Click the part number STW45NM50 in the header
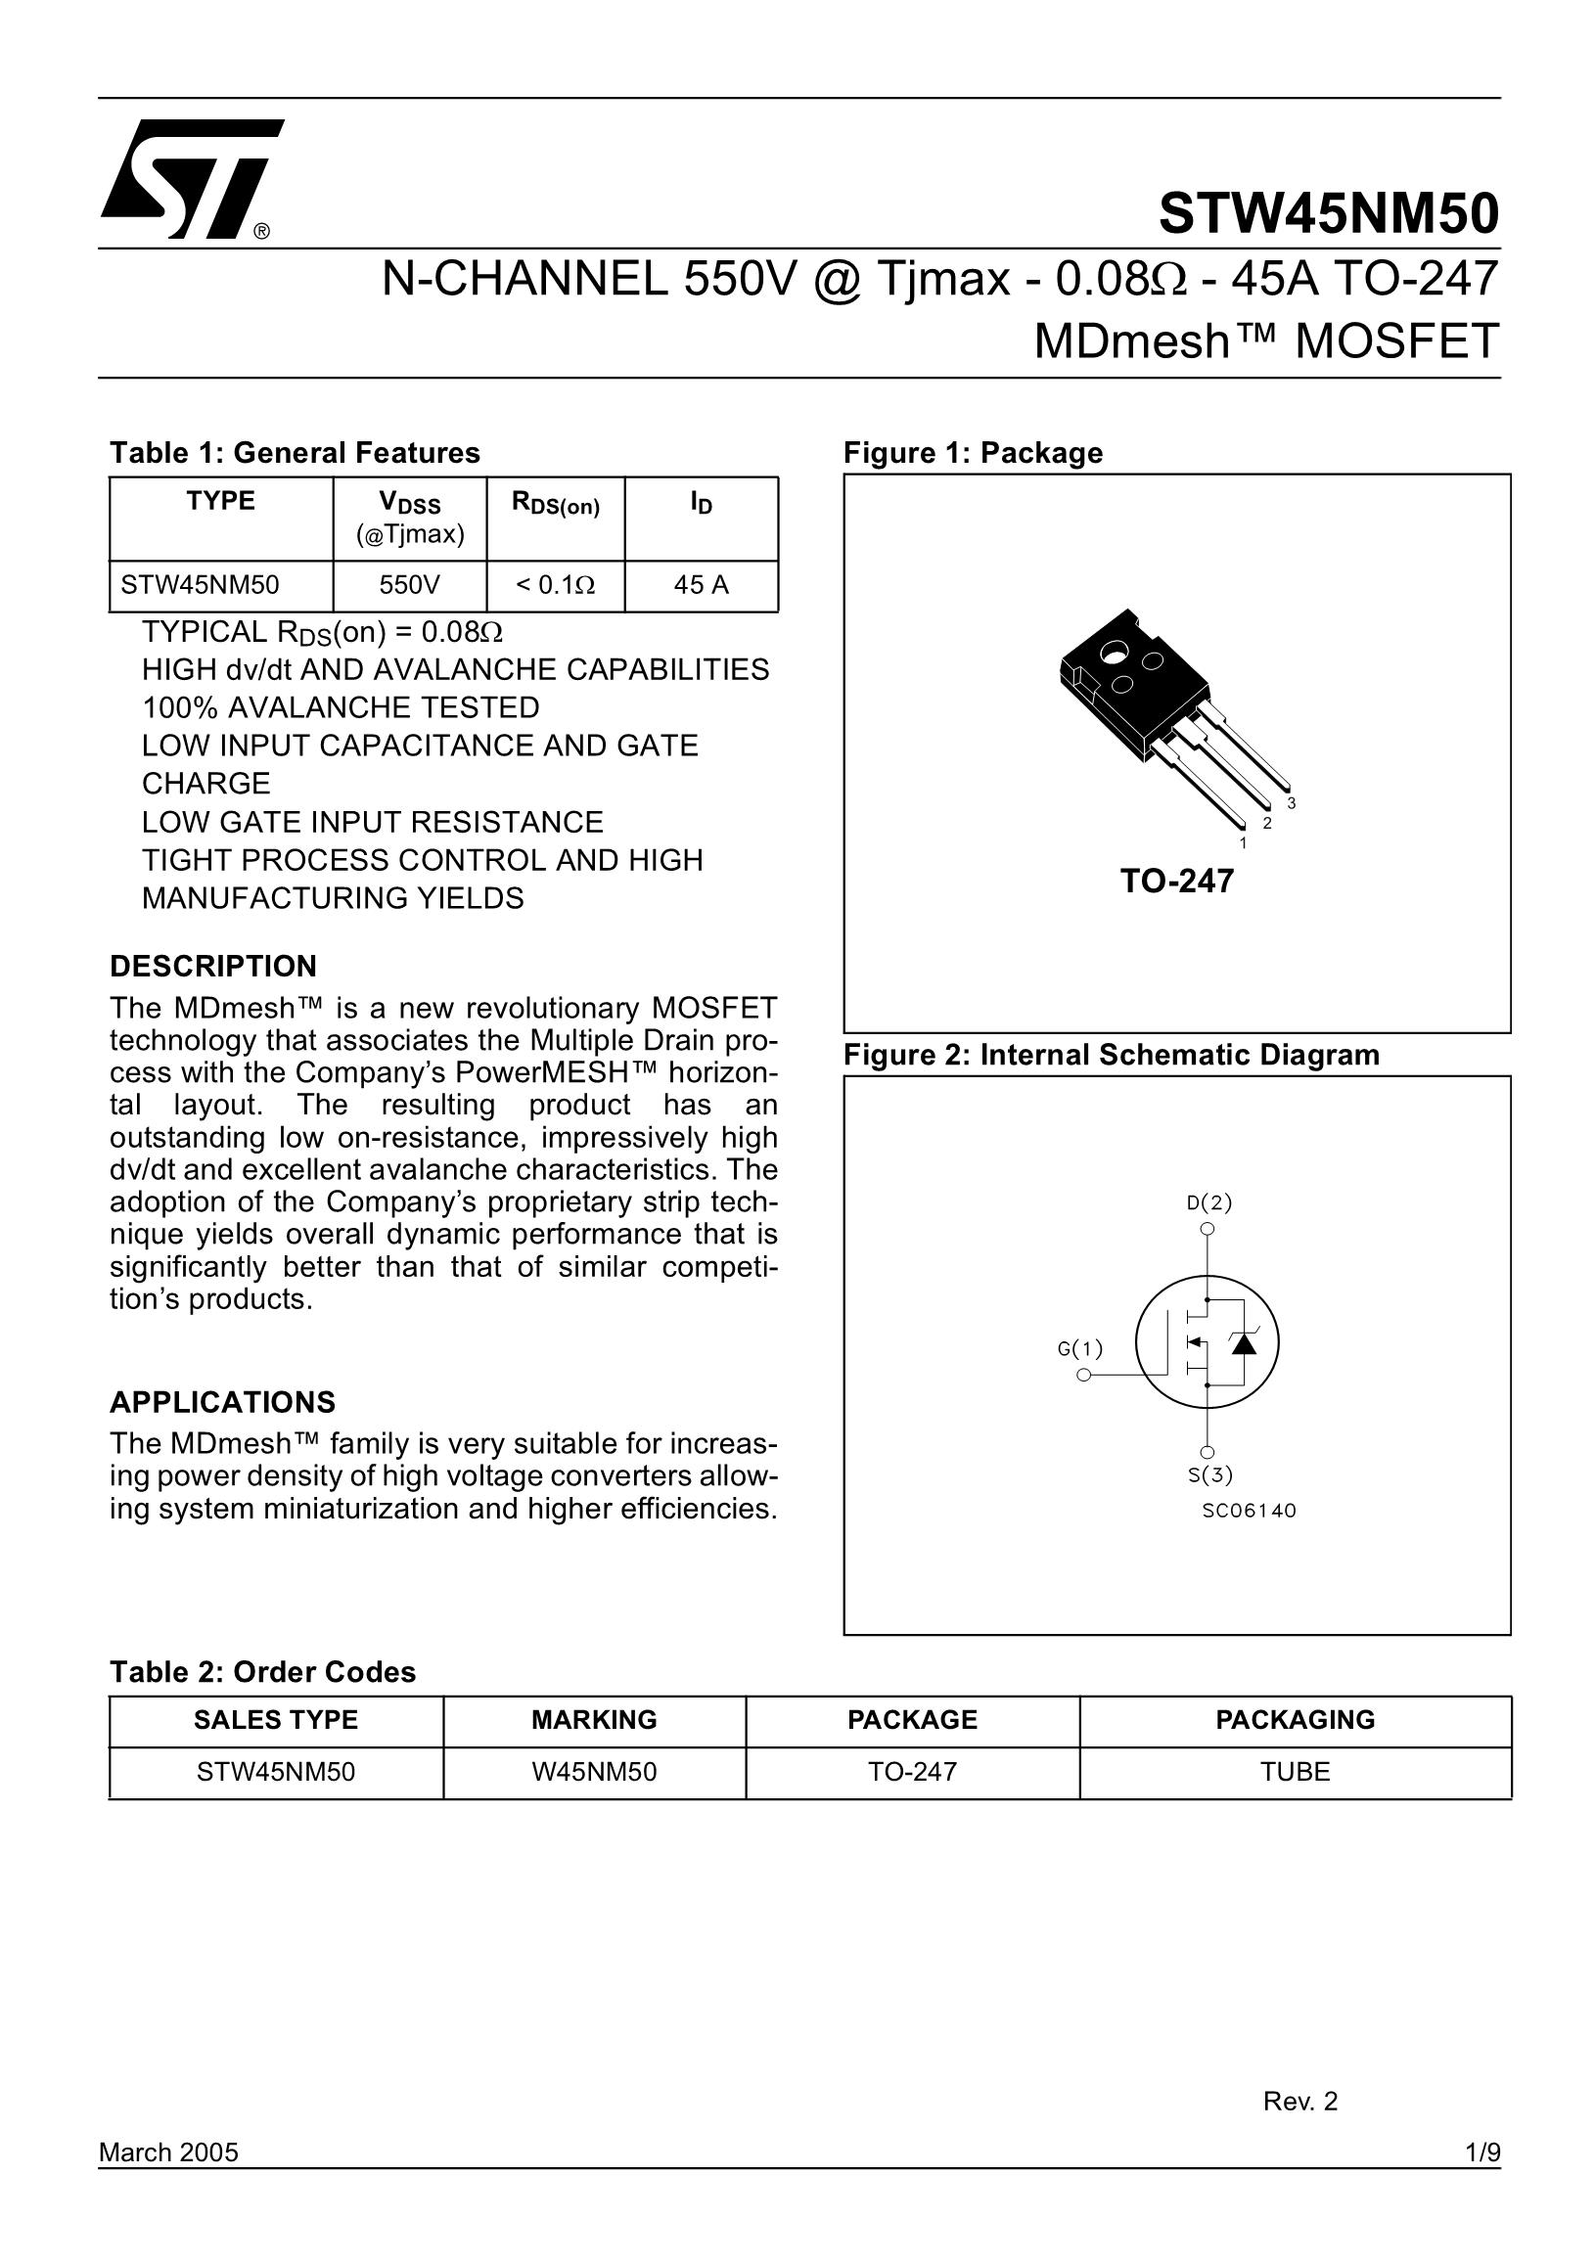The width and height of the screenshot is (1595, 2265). click(x=1328, y=214)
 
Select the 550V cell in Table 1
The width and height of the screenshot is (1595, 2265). click(x=409, y=586)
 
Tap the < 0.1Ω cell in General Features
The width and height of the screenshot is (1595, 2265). click(x=556, y=586)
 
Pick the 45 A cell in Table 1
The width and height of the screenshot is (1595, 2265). click(x=702, y=586)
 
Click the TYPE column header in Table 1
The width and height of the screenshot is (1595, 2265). click(x=221, y=501)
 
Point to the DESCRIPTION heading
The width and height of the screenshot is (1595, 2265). click(x=213, y=966)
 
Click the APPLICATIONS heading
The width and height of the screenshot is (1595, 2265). click(x=223, y=1402)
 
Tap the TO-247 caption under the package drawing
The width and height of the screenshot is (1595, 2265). click(x=1177, y=881)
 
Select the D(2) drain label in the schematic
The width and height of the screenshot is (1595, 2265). click(x=1209, y=1202)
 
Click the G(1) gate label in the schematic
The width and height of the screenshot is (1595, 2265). click(x=1080, y=1348)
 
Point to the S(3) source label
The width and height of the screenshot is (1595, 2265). click(x=1210, y=1474)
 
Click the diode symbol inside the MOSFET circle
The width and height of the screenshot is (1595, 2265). click(x=1244, y=1342)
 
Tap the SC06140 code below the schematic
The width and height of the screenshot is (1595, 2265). click(x=1249, y=1511)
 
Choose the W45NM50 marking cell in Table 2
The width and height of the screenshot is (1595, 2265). click(x=594, y=1772)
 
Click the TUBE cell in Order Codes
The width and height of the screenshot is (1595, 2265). click(x=1296, y=1772)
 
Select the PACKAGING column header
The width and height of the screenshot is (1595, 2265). click(x=1296, y=1719)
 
